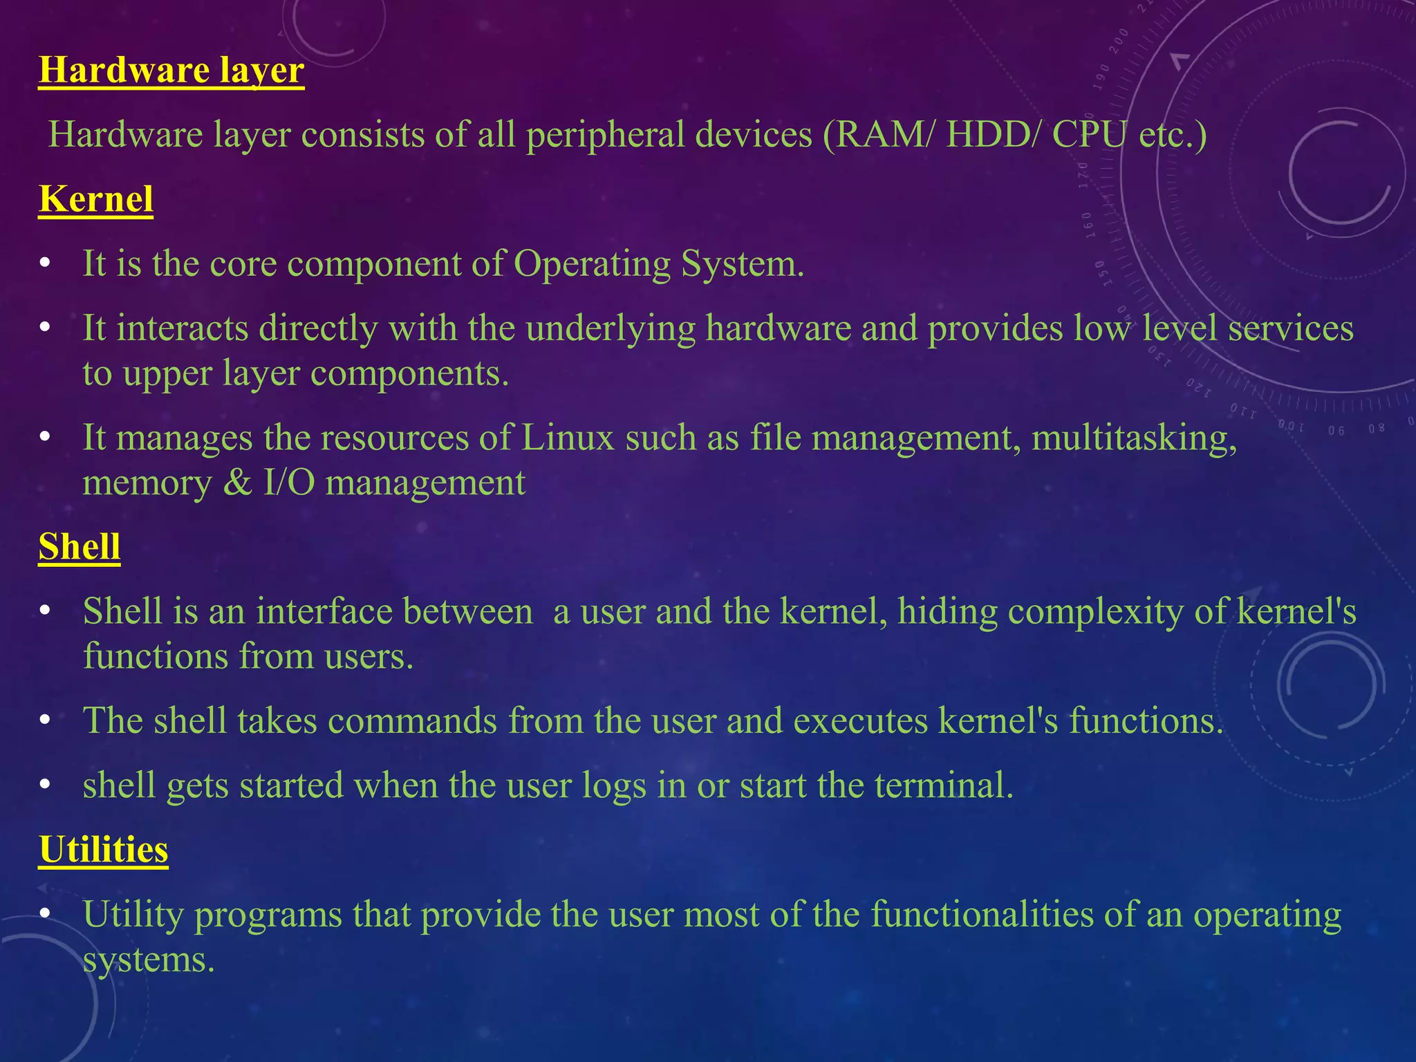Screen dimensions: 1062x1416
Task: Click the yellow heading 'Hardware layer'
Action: (x=171, y=71)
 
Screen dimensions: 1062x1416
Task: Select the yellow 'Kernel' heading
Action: (x=95, y=199)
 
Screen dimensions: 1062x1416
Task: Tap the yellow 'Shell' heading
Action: (x=80, y=547)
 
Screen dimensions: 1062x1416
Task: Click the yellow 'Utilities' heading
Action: (x=104, y=849)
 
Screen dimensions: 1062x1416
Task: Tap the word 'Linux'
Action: (x=568, y=438)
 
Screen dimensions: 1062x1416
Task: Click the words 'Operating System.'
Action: (x=659, y=264)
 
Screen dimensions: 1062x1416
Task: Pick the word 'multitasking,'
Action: (x=1134, y=438)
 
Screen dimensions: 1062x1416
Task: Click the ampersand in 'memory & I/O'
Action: (x=237, y=483)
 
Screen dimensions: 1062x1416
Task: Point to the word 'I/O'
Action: (x=289, y=483)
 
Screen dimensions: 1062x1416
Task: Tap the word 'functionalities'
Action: (x=981, y=915)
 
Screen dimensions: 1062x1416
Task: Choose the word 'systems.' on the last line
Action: (x=149, y=960)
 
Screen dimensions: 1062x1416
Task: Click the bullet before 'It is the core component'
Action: (x=46, y=264)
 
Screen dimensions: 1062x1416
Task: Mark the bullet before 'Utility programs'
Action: (x=46, y=914)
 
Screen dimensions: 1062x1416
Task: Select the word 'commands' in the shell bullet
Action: (x=412, y=721)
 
